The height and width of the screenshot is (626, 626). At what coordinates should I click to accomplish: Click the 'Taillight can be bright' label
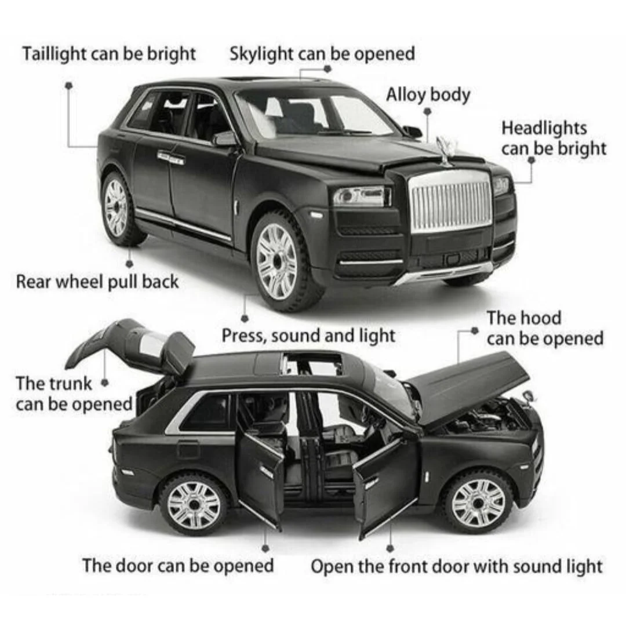109,54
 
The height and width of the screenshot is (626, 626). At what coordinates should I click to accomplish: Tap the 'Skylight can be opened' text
322,54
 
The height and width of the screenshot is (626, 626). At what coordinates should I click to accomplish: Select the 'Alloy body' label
428,96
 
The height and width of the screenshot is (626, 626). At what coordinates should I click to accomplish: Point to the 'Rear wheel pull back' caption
97,282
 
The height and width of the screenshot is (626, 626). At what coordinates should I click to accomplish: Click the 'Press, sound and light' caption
308,336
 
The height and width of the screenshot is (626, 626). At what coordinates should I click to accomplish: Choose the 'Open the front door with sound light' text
456,567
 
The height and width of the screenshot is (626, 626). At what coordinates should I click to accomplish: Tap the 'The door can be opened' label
178,566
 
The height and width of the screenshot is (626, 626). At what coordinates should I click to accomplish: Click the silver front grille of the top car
451,199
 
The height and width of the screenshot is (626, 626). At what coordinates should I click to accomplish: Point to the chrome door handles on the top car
171,158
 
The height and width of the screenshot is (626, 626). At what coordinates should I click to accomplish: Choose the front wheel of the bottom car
478,502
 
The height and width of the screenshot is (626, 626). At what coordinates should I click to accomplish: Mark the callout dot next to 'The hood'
475,330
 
